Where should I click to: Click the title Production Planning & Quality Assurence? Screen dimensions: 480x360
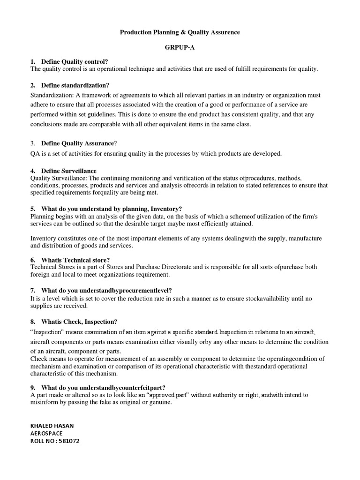click(180, 32)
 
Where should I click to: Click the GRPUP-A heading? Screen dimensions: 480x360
click(180, 48)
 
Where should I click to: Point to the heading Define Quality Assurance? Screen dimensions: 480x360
click(79, 143)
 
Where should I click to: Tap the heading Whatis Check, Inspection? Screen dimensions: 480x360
click(79, 322)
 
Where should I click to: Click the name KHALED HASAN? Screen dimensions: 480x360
click(52, 426)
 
